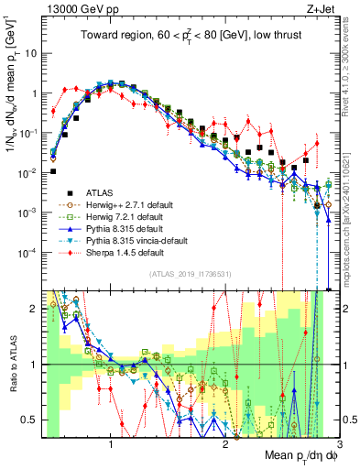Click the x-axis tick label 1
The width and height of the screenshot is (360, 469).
coord(111,445)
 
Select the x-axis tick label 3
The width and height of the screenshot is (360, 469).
coord(338,445)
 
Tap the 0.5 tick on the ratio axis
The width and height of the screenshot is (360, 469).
coord(30,420)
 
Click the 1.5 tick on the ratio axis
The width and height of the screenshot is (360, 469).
coord(30,309)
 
